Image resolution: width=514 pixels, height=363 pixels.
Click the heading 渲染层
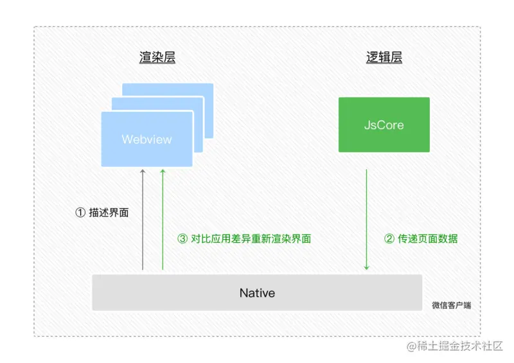[157, 58]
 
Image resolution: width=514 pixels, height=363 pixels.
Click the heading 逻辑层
[384, 58]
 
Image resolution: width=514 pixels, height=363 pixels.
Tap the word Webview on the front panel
[146, 139]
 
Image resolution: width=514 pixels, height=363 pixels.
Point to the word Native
[257, 293]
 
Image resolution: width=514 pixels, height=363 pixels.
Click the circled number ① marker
[80, 213]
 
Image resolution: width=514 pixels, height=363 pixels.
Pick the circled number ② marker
[389, 239]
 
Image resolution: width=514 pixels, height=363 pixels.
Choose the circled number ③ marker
[182, 239]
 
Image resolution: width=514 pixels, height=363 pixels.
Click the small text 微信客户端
[451, 305]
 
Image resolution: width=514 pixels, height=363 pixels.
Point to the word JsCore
[384, 125]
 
